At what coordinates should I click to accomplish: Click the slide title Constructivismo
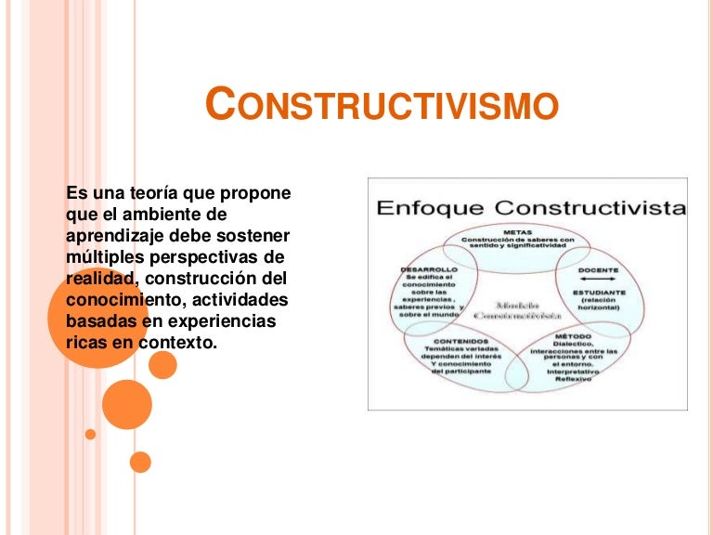382,105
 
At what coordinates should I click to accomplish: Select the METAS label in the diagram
518,232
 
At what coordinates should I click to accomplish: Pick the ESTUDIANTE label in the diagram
599,292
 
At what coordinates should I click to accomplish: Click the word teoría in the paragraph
142,193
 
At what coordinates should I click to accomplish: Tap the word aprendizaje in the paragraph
112,235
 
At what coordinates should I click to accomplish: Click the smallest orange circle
90,434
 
